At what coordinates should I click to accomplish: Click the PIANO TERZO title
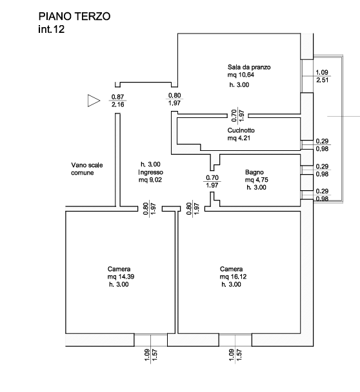pos(74,17)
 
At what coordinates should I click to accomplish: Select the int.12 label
pos(51,29)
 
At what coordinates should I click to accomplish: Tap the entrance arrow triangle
pos(94,101)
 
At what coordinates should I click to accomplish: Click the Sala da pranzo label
pos(249,67)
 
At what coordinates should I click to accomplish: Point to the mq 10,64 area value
pos(241,75)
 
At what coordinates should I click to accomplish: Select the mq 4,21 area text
pos(239,138)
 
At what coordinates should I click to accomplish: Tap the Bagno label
pos(254,172)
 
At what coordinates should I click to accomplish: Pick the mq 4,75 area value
pos(257,180)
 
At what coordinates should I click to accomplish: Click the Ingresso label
pos(150,172)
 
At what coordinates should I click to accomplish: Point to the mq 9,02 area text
pos(150,180)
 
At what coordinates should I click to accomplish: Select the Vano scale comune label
pos(87,169)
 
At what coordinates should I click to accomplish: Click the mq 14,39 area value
pos(121,277)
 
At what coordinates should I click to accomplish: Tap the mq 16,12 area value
pos(233,277)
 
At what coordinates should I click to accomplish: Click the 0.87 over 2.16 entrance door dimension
pos(117,101)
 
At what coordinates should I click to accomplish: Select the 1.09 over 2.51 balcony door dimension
pos(322,76)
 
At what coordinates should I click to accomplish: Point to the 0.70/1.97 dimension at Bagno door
pos(212,182)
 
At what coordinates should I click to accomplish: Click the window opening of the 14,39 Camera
pos(150,340)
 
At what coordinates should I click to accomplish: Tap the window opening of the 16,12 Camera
pos(235,340)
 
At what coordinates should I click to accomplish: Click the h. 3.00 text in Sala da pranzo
pos(239,85)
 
